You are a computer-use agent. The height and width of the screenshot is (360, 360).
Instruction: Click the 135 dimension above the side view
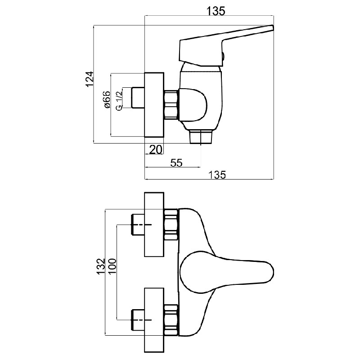(216, 11)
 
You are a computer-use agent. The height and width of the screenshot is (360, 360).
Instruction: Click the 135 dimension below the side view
(217, 175)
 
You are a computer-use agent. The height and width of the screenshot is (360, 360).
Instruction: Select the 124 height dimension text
(90, 79)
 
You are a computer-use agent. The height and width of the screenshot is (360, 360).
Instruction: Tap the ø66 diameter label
(107, 99)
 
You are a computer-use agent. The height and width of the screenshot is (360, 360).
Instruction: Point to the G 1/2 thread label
(119, 101)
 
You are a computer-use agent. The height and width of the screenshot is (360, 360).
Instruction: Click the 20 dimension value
(156, 150)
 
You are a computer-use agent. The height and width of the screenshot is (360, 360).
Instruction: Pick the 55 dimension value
(176, 163)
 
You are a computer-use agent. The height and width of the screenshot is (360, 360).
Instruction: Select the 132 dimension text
(100, 266)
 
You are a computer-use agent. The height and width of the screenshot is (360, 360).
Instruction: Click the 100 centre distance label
(112, 266)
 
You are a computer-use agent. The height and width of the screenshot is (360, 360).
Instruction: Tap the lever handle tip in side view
(272, 27)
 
